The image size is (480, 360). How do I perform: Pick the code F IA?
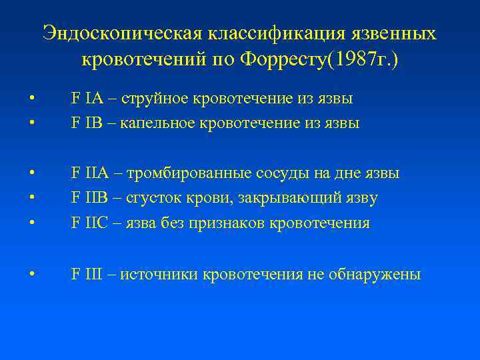pos(85,99)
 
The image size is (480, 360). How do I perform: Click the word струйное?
pos(153,99)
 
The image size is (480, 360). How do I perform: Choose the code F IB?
pos(85,123)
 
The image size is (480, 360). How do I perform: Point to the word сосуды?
pos(281,173)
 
